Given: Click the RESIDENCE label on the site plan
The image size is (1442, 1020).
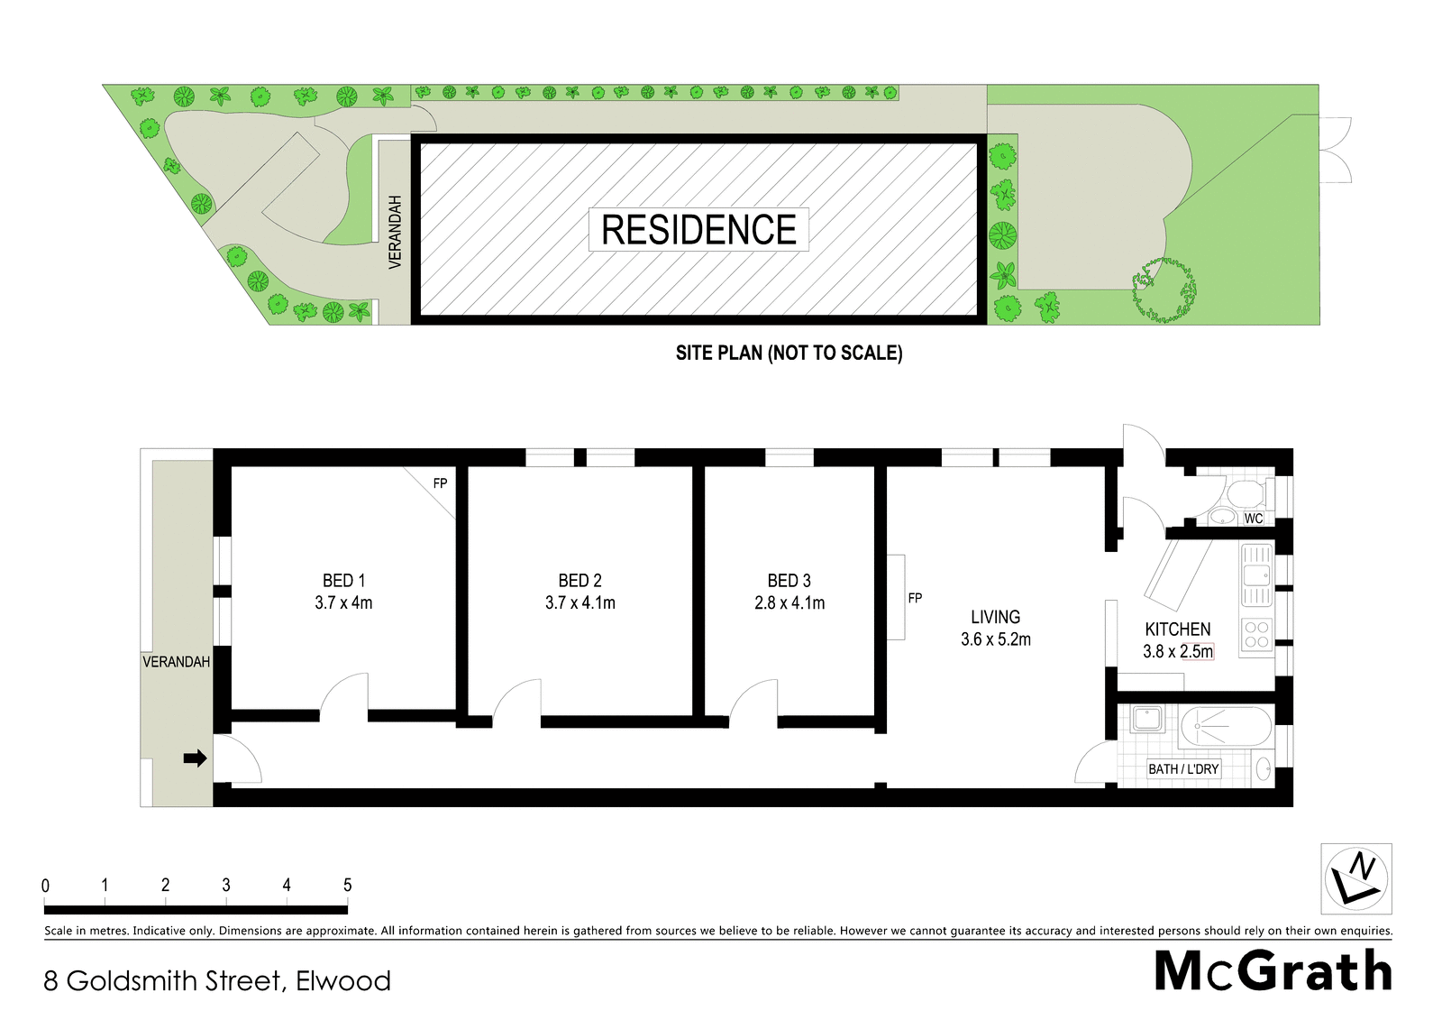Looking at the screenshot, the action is pos(698,229).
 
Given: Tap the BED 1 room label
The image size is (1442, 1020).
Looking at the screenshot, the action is pos(343,581).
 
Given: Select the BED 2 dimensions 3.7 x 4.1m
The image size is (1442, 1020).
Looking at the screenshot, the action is pos(580,603).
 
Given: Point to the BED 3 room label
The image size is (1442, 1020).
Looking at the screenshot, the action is pos(789,581).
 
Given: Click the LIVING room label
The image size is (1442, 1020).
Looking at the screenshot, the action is pos(995,617).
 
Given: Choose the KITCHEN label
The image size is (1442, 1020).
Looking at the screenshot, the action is pos(1177,629).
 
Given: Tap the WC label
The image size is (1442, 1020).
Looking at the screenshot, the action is pos(1254,518).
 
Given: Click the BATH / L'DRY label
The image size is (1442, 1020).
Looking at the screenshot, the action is pos(1184,768).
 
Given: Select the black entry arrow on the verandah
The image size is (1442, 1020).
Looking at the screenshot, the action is pos(195,758).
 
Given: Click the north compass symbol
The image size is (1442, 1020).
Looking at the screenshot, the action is pos(1355,879).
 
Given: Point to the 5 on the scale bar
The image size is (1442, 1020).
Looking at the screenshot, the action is pos(348,886).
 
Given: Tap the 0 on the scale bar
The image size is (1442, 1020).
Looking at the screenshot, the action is pos(45,886).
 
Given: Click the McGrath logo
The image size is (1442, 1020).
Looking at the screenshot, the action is pos(1273,971).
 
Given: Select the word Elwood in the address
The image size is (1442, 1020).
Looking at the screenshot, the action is pos(343,981).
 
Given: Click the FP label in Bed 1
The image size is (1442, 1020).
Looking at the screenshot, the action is pos(441,483).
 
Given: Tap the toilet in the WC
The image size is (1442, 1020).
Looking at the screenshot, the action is pos(1250,495).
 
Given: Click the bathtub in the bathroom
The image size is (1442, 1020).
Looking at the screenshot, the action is pos(1225,726).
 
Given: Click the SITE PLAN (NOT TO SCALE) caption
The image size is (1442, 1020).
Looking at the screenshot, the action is pos(789,354).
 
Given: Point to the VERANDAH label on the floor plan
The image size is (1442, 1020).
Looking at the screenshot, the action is pos(176,662).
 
